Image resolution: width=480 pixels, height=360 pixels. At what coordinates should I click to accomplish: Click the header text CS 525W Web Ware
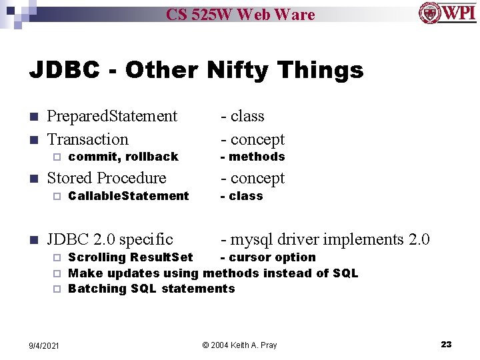(x=240, y=14)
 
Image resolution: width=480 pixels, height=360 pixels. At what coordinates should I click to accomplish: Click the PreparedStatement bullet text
(x=112, y=116)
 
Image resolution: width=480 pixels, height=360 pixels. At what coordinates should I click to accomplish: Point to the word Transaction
(x=87, y=139)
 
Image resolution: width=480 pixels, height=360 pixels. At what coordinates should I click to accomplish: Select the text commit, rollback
(x=123, y=157)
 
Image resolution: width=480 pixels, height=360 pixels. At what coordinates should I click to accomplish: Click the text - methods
(x=253, y=157)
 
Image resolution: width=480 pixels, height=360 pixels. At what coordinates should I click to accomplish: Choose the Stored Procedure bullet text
(x=107, y=178)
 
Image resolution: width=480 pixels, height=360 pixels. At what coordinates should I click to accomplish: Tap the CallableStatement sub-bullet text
(x=129, y=196)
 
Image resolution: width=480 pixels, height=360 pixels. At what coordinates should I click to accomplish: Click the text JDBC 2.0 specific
(x=110, y=239)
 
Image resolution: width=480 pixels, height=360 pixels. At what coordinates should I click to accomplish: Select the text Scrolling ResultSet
(x=131, y=257)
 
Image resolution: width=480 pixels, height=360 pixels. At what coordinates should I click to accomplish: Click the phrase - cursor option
(x=268, y=257)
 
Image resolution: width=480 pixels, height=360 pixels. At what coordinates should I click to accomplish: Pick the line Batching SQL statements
(x=151, y=289)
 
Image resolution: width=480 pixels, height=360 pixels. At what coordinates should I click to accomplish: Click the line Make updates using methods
(x=213, y=273)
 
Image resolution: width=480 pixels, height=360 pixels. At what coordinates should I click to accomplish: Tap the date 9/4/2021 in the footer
(x=44, y=345)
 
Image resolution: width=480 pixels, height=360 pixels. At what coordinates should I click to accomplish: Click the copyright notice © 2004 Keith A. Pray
(x=239, y=345)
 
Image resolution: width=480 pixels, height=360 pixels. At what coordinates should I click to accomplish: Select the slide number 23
(x=446, y=344)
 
